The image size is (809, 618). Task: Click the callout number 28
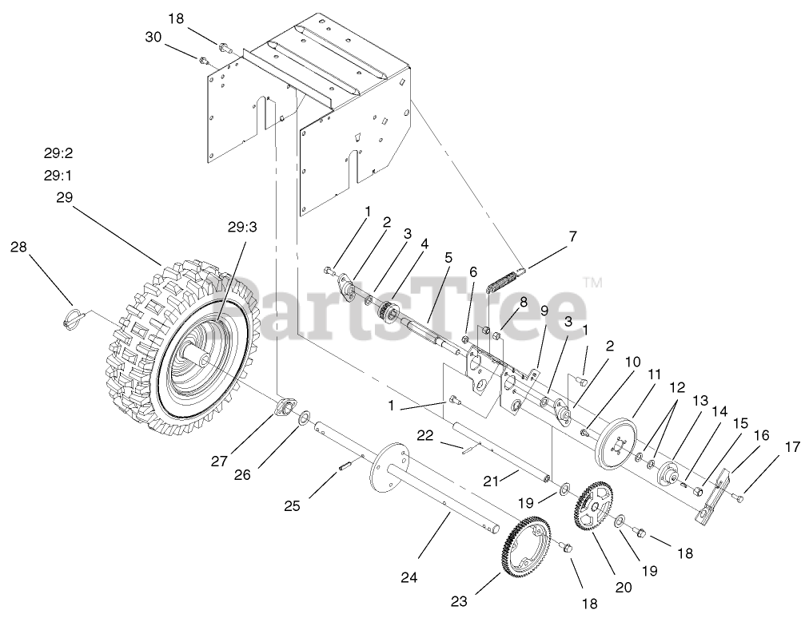[18, 248]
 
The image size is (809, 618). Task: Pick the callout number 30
[153, 37]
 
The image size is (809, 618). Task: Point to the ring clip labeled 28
[73, 317]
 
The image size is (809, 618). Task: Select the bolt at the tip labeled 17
[739, 498]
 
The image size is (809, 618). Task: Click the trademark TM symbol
[592, 282]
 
